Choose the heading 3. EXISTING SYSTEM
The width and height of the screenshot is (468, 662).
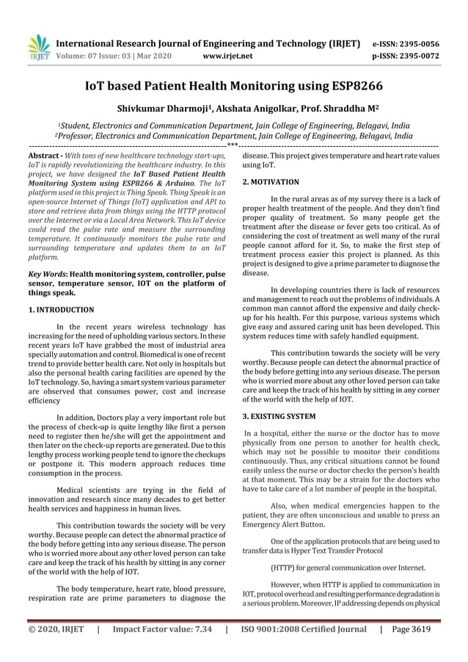coord(279,417)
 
